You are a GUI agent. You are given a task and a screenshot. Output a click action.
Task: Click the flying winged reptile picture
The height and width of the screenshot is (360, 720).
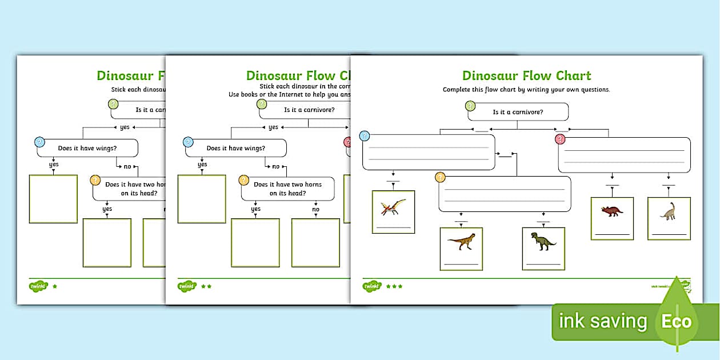393,207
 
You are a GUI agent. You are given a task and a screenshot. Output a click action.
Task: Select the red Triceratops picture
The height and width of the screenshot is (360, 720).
612,211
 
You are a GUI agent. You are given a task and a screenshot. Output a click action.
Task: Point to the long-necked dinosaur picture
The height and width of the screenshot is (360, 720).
668,211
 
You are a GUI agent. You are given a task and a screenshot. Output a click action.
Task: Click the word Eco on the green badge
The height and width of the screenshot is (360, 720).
677,321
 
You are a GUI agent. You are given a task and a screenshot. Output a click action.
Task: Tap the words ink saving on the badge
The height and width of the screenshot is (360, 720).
603,321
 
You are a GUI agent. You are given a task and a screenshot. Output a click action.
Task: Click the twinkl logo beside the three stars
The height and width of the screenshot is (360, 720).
372,286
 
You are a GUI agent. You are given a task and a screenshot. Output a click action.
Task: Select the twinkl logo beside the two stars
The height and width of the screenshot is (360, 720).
187,286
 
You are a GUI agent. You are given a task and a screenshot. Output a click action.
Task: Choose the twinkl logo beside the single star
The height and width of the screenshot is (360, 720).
38,285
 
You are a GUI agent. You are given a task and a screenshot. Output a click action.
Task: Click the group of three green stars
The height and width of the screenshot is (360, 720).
394,286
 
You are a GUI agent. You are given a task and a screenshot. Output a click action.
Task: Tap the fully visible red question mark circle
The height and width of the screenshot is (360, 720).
560,139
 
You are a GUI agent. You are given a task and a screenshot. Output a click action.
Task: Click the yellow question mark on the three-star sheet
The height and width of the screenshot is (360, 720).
440,178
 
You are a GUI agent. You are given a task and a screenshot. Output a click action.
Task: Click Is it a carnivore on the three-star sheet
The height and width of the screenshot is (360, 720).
518,112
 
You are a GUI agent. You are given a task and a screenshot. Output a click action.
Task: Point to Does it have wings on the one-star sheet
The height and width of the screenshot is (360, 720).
87,148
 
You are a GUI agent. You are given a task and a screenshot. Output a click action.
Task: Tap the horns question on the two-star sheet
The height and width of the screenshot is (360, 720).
287,189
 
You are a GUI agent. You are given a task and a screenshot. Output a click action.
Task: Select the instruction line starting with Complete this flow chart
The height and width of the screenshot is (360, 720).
526,90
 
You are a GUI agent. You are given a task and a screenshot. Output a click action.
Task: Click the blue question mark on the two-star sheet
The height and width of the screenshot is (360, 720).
188,142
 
